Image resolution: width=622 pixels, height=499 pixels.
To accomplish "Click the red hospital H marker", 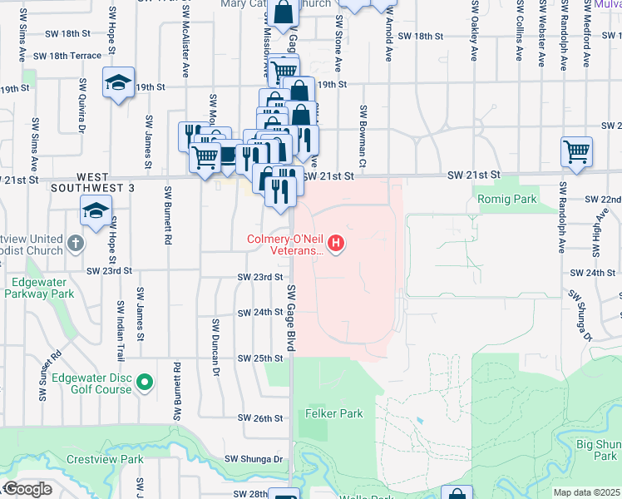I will click(x=336, y=244).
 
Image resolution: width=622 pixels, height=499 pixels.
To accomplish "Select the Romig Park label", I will click(x=506, y=200).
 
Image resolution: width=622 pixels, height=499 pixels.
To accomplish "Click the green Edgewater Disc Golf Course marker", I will click(x=146, y=383).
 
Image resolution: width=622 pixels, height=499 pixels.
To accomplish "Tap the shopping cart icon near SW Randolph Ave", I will click(x=576, y=152).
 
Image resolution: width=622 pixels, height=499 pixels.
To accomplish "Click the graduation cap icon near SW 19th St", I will click(x=118, y=82).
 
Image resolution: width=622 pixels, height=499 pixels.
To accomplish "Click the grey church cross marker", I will click(x=76, y=244).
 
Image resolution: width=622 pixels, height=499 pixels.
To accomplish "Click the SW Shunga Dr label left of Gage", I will click(x=254, y=459).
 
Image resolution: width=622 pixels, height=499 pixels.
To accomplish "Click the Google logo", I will click(x=27, y=489).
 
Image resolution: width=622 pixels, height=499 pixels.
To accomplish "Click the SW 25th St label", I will click(x=260, y=358).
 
